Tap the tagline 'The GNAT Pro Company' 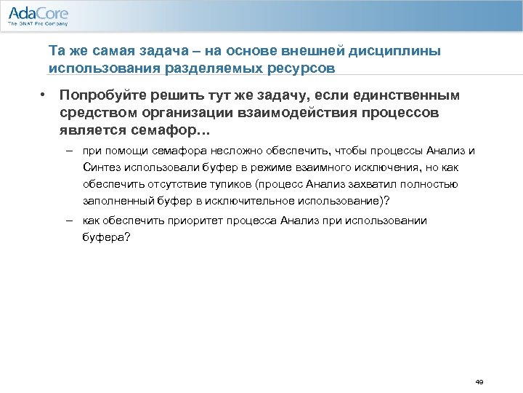[37, 24]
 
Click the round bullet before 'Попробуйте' [44, 95]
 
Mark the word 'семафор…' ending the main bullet [179, 131]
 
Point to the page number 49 [479, 381]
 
